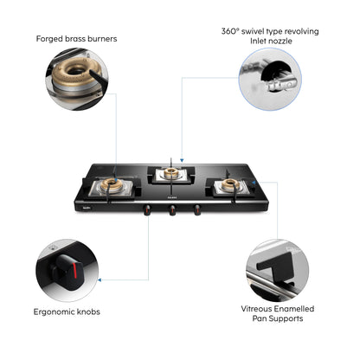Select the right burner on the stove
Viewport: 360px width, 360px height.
coord(230,186)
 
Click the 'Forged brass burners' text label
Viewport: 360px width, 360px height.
coord(77,38)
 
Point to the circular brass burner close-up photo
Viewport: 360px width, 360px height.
coord(78,79)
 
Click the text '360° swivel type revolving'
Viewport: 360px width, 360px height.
coord(269,31)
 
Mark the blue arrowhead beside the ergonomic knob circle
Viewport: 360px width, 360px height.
coord(101,279)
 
